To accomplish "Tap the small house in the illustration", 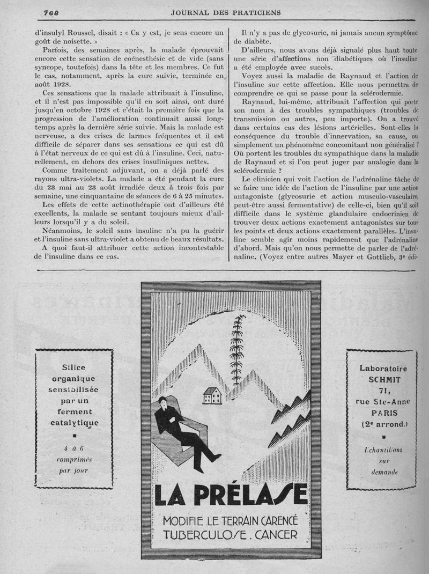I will pos(212,395).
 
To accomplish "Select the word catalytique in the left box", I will pos(74,423).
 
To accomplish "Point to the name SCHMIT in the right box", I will pos(382,379).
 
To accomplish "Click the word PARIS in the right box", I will pos(382,413).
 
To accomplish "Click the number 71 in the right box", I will pos(382,391).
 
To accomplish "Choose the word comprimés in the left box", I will pos(75,459).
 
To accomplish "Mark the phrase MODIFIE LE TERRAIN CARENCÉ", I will pos(231,520).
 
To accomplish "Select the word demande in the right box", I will pos(381,472).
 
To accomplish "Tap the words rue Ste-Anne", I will pos(382,402).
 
